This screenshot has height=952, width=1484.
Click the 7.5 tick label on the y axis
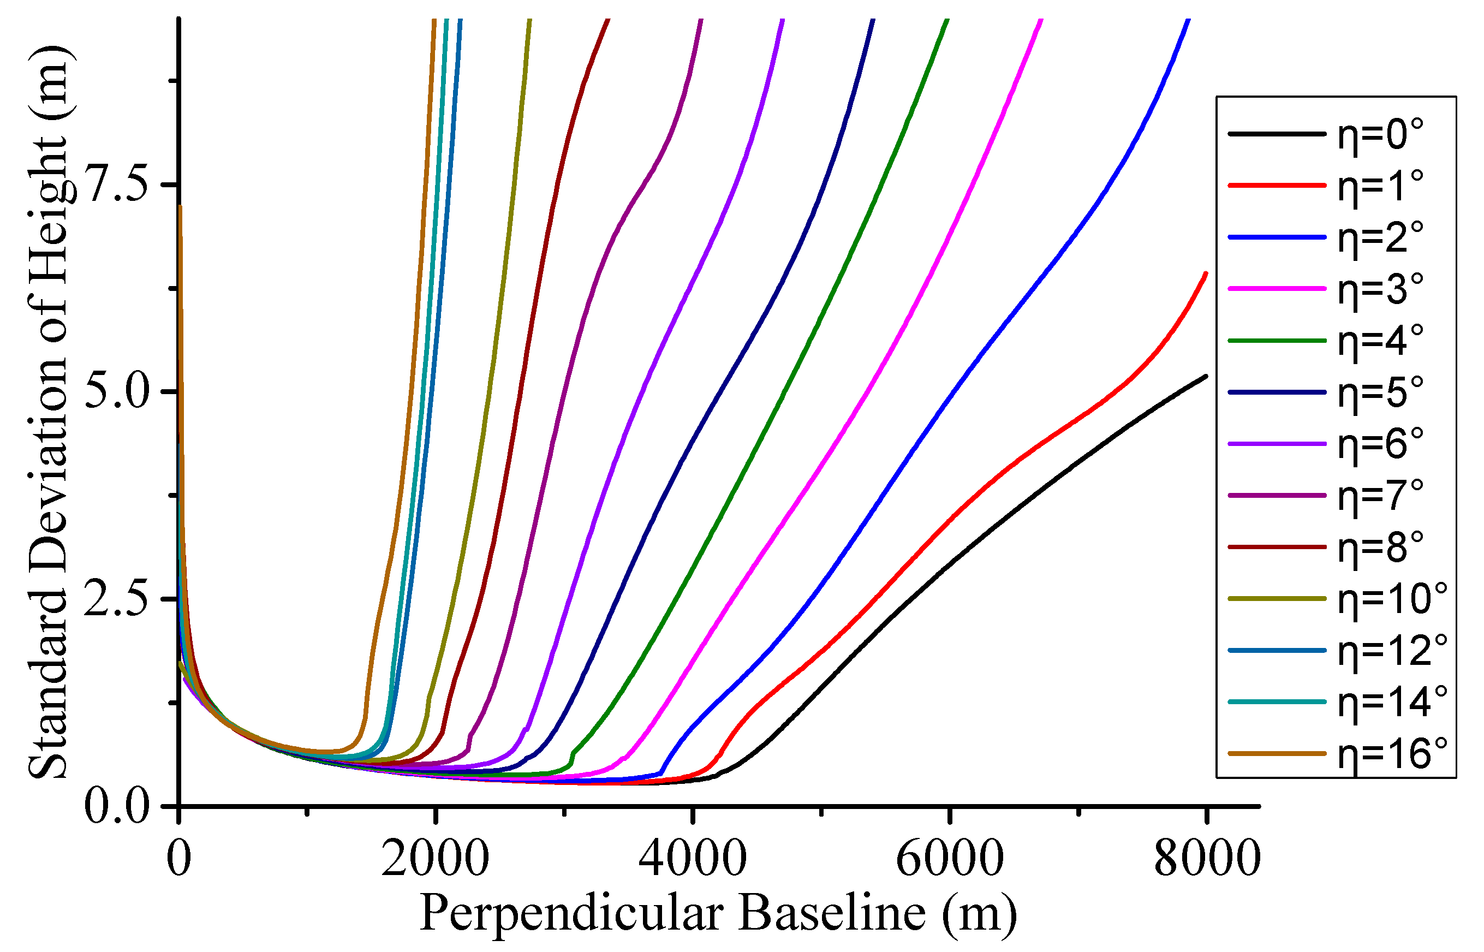pyautogui.click(x=117, y=184)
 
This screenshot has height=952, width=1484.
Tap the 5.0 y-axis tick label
pyautogui.click(x=117, y=391)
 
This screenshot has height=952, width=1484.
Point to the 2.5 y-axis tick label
pyautogui.click(x=117, y=598)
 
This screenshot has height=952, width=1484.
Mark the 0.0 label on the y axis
pyautogui.click(x=117, y=806)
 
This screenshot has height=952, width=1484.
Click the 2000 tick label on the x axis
pyautogui.click(x=435, y=859)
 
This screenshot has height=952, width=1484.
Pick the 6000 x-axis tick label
pyautogui.click(x=950, y=859)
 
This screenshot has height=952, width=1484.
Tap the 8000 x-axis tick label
pyautogui.click(x=1207, y=859)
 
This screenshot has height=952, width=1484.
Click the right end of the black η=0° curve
pyautogui.click(x=1206, y=376)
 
